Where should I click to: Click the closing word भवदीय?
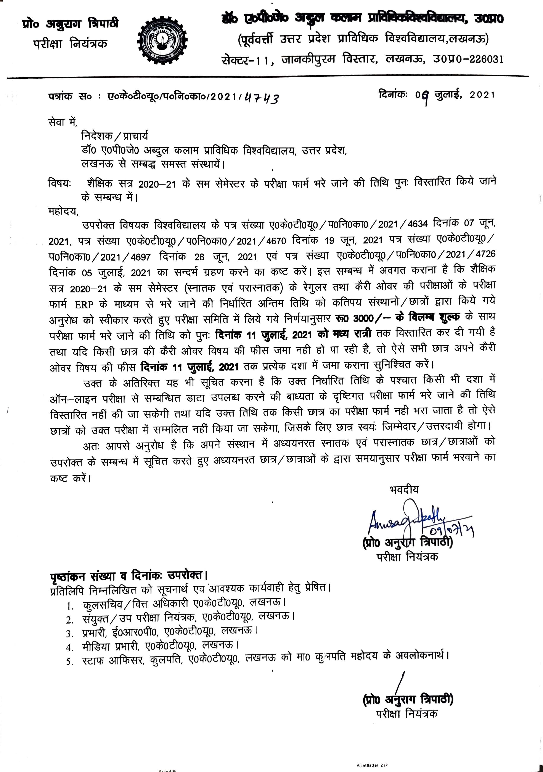(404, 489)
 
